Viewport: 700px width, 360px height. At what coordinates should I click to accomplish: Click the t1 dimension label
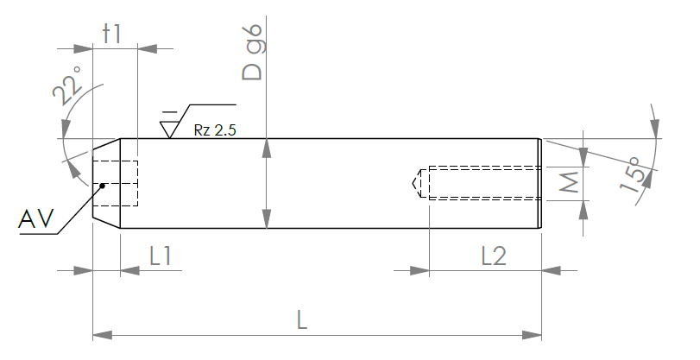click(x=112, y=34)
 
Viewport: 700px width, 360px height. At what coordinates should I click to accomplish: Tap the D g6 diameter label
click(x=252, y=53)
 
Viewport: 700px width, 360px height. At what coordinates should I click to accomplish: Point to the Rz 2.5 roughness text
click(x=215, y=130)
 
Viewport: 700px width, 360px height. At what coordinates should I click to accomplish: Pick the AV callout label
click(x=35, y=219)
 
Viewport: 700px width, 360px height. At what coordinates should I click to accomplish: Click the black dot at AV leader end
click(x=102, y=186)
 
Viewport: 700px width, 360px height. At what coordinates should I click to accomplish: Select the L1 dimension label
click(x=161, y=256)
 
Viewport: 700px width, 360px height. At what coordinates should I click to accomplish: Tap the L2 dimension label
click(x=494, y=256)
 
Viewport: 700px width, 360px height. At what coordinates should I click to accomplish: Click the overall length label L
click(x=302, y=320)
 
